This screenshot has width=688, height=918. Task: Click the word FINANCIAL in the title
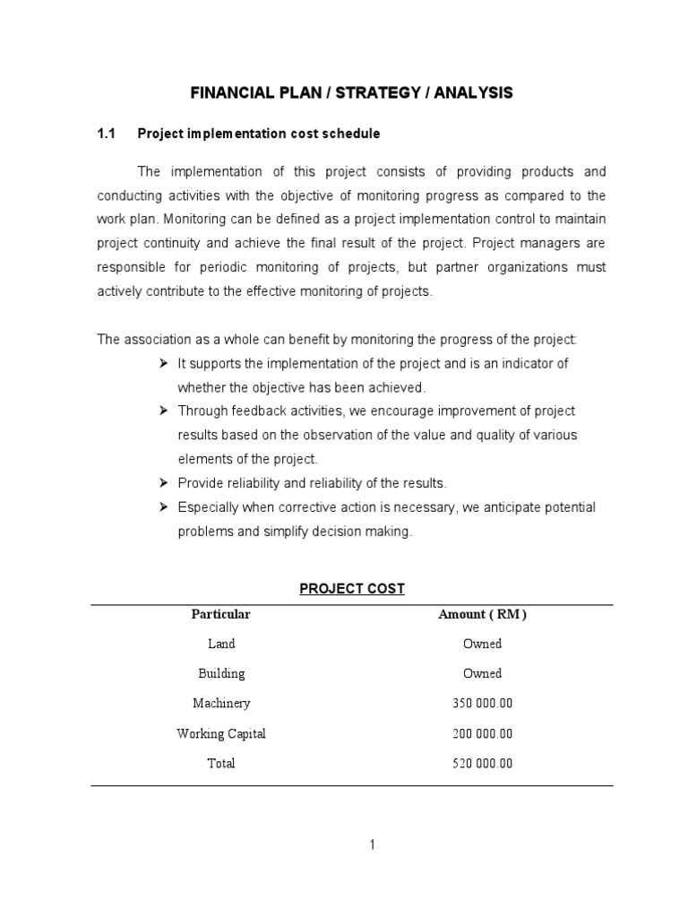pos(227,92)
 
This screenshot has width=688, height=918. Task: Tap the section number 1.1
pos(107,134)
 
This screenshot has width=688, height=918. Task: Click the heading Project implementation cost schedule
pos(258,134)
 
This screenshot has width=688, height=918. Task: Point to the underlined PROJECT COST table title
pos(352,589)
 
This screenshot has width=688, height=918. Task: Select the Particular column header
pos(220,615)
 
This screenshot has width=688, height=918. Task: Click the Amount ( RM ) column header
pos(482,615)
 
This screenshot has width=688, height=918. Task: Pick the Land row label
pos(220,644)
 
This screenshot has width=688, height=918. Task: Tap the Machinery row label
pos(220,704)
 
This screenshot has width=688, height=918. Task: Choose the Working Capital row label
pos(220,733)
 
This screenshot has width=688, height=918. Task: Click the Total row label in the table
pos(220,764)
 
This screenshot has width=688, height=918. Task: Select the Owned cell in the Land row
pos(482,644)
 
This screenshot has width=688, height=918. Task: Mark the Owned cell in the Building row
pos(482,673)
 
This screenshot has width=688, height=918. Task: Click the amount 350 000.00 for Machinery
pos(482,704)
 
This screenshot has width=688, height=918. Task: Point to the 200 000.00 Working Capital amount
pos(482,733)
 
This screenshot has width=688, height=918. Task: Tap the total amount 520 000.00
pos(482,764)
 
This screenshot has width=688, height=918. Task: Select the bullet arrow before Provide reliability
pos(164,483)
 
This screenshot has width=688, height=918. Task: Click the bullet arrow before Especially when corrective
pos(164,507)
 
